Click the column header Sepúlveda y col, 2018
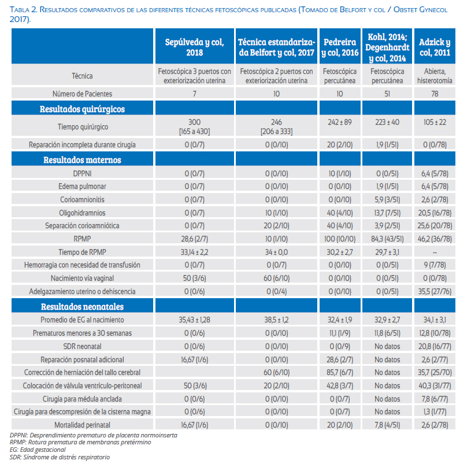tap(194, 47)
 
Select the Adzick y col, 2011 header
tap(435, 47)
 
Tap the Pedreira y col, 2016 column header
tap(340, 47)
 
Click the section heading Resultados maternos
tap(82, 159)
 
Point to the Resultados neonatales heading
tap(82, 307)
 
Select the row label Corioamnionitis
tap(82, 199)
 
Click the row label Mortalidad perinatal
tap(82, 425)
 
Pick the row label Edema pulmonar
tap(82, 186)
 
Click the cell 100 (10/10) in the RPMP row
tap(340, 239)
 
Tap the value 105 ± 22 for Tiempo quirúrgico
tap(435, 123)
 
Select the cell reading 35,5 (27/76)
tap(435, 291)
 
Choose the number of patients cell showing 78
tap(435, 94)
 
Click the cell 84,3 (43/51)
tap(387, 239)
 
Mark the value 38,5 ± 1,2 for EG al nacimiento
tap(276, 320)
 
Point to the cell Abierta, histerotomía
tap(435, 76)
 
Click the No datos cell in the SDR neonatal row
tap(387, 346)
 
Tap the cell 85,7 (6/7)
tap(340, 372)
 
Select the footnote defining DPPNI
tap(93, 435)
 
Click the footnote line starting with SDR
tap(60, 457)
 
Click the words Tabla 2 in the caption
tap(23, 10)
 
